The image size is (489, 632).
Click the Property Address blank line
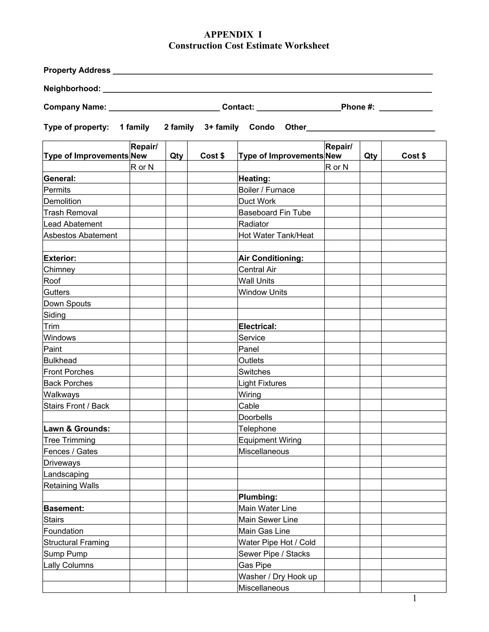pyautogui.click(x=272, y=72)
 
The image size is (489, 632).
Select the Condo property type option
pyautogui.click(x=262, y=127)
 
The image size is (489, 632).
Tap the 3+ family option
pyautogui.click(x=221, y=127)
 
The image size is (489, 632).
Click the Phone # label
pyautogui.click(x=358, y=107)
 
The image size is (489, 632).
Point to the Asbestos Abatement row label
pyautogui.click(x=80, y=235)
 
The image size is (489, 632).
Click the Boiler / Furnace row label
pyautogui.click(x=266, y=190)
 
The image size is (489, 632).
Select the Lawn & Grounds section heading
pyautogui.click(x=77, y=429)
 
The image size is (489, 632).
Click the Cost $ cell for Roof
pyautogui.click(x=212, y=280)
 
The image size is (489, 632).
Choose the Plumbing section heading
pyautogui.click(x=258, y=497)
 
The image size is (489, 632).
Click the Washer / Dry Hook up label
pyautogui.click(x=277, y=576)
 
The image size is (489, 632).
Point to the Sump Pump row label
pyautogui.click(x=65, y=554)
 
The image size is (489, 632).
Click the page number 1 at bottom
pyautogui.click(x=414, y=598)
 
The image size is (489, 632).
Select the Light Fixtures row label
pyautogui.click(x=262, y=383)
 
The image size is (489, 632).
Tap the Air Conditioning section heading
pyautogui.click(x=271, y=258)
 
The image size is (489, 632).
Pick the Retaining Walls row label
pyautogui.click(x=71, y=485)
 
